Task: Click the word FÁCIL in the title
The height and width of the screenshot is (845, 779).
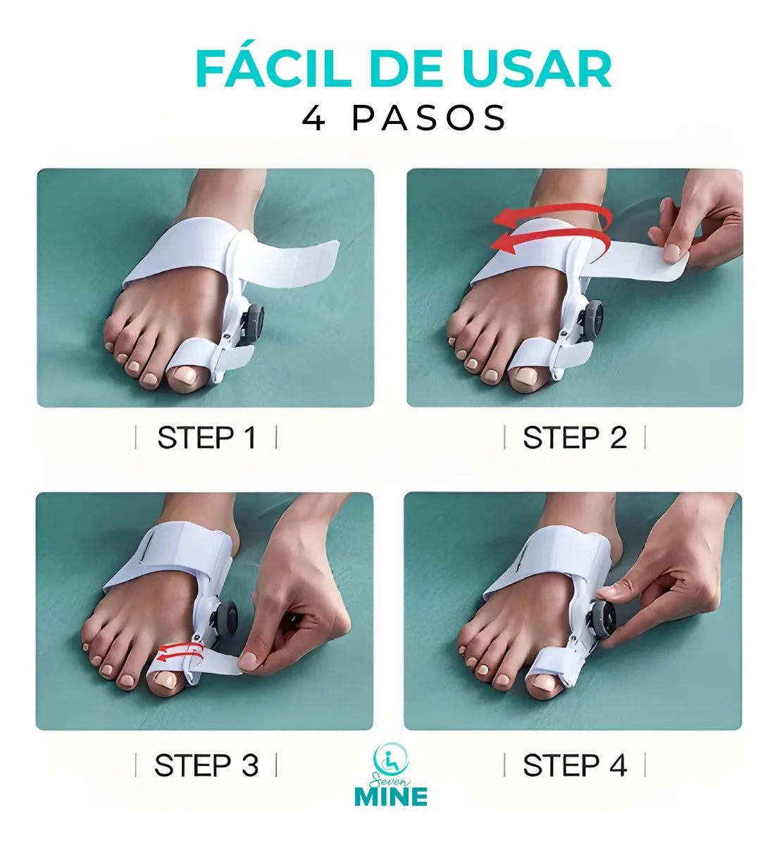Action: (273, 69)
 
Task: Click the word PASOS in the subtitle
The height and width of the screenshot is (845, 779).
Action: (429, 118)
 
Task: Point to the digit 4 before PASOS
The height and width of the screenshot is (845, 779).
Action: (313, 118)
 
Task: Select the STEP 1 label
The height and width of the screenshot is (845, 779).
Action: (206, 438)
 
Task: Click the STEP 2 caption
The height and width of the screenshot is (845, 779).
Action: (575, 438)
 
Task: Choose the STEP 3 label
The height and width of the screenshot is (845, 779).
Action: (206, 765)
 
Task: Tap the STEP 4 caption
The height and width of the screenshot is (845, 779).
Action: (575, 765)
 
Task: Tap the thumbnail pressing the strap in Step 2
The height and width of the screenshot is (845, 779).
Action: (671, 253)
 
